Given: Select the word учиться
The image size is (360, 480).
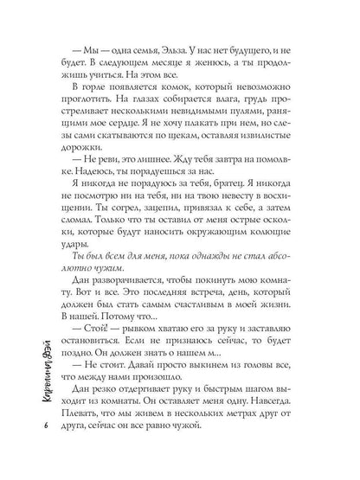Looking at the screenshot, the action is (105, 81).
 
